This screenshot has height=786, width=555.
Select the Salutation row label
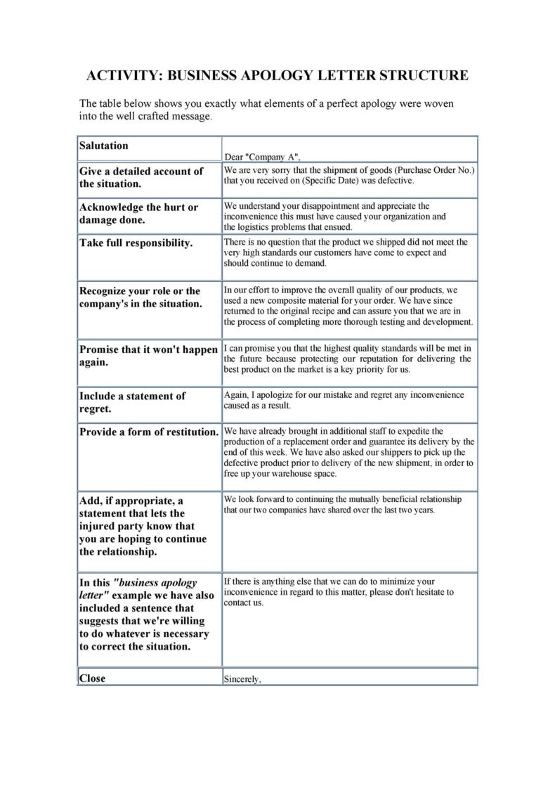click(104, 146)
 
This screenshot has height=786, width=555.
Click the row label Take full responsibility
click(136, 243)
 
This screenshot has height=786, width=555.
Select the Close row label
click(92, 678)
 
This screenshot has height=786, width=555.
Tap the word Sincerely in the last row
click(242, 679)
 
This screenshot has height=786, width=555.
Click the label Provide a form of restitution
click(149, 432)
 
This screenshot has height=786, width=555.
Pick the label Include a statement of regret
click(132, 402)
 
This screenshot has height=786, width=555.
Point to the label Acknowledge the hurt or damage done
click(138, 214)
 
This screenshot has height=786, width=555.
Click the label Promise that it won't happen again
click(148, 356)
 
